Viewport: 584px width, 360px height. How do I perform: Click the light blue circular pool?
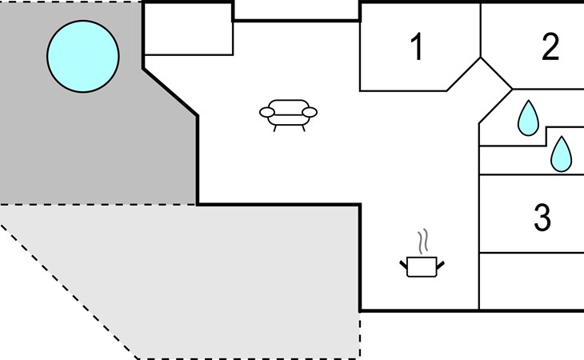click(x=83, y=56)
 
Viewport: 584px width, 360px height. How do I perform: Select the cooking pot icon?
click(x=422, y=266)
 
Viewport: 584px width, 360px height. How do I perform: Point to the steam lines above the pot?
click(x=422, y=242)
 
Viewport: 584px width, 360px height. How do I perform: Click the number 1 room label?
click(x=417, y=46)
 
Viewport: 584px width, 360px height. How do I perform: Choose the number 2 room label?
click(x=550, y=46)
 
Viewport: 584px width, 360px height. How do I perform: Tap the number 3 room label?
click(x=542, y=218)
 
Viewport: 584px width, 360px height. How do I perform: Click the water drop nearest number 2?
click(x=528, y=118)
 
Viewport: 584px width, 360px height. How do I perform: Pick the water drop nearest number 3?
click(x=562, y=154)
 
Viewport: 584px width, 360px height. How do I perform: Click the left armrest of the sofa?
click(x=266, y=112)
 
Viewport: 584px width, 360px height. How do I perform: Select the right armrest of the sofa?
click(x=310, y=112)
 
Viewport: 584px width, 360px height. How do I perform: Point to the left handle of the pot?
click(x=404, y=265)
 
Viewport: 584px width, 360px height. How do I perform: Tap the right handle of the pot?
click(x=440, y=265)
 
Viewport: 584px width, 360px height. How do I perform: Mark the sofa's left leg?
click(x=275, y=129)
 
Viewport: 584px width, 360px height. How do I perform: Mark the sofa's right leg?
click(x=303, y=129)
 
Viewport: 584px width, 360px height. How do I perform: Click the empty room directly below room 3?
click(x=531, y=281)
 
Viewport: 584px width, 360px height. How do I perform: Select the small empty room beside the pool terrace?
click(x=189, y=30)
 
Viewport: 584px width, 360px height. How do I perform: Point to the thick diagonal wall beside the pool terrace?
click(x=170, y=92)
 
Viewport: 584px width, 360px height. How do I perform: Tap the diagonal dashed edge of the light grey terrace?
click(x=69, y=291)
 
